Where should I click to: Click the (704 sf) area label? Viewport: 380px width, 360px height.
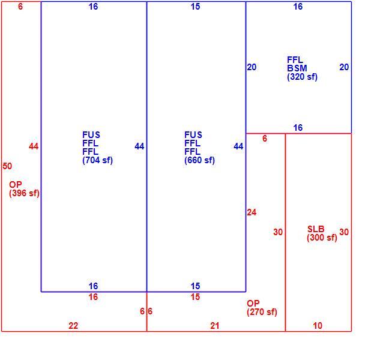tap(97, 160)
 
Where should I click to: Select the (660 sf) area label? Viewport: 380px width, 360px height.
tap(199, 160)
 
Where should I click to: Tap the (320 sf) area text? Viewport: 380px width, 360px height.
tap(302, 77)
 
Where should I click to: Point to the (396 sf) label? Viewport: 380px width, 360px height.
tap(24, 193)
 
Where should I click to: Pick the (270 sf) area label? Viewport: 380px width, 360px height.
tap(262, 312)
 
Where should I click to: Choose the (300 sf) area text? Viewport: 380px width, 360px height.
tap(322, 238)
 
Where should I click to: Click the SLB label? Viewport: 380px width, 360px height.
tap(316, 229)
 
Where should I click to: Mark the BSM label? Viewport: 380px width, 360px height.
tap(297, 68)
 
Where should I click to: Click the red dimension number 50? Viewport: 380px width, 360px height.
tap(7, 166)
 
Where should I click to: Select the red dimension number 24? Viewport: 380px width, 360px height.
tap(252, 212)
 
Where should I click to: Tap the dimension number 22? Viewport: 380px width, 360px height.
tap(73, 326)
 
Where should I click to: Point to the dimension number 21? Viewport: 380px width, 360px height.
tap(215, 326)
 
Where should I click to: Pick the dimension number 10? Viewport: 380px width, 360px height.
tap(318, 326)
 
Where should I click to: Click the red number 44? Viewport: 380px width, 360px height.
tap(34, 146)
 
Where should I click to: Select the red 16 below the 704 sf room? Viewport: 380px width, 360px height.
tap(93, 297)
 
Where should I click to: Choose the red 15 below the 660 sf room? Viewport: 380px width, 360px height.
tap(195, 297)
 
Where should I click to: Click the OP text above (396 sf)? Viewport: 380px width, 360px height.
tap(16, 185)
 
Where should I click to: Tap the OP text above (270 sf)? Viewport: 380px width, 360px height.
tap(253, 304)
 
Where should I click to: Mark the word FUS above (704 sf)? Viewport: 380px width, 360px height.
tap(91, 134)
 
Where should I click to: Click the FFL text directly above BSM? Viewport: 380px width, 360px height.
tap(295, 59)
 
